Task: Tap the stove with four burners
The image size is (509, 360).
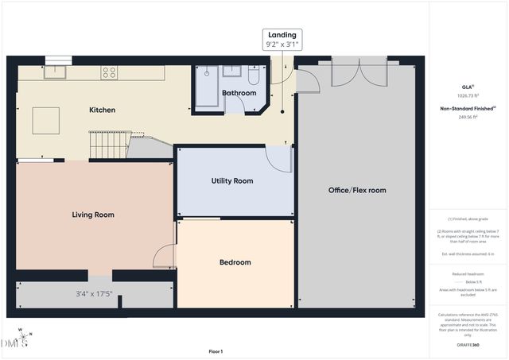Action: pos(108,72)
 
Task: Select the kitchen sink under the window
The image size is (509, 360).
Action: pos(58,72)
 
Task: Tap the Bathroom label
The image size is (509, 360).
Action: pos(239,93)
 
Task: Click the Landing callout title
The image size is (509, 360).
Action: pos(282,35)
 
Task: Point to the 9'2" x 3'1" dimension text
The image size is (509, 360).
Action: pos(282,46)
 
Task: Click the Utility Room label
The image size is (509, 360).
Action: pos(231,181)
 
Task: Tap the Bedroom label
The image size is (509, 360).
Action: pos(235,262)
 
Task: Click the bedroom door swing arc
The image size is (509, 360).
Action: pos(165,256)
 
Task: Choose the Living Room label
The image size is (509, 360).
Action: pos(93,215)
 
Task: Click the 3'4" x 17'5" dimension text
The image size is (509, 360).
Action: pos(94,293)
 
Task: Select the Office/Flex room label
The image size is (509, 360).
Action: pos(357,190)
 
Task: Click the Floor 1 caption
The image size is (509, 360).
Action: pos(216,351)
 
